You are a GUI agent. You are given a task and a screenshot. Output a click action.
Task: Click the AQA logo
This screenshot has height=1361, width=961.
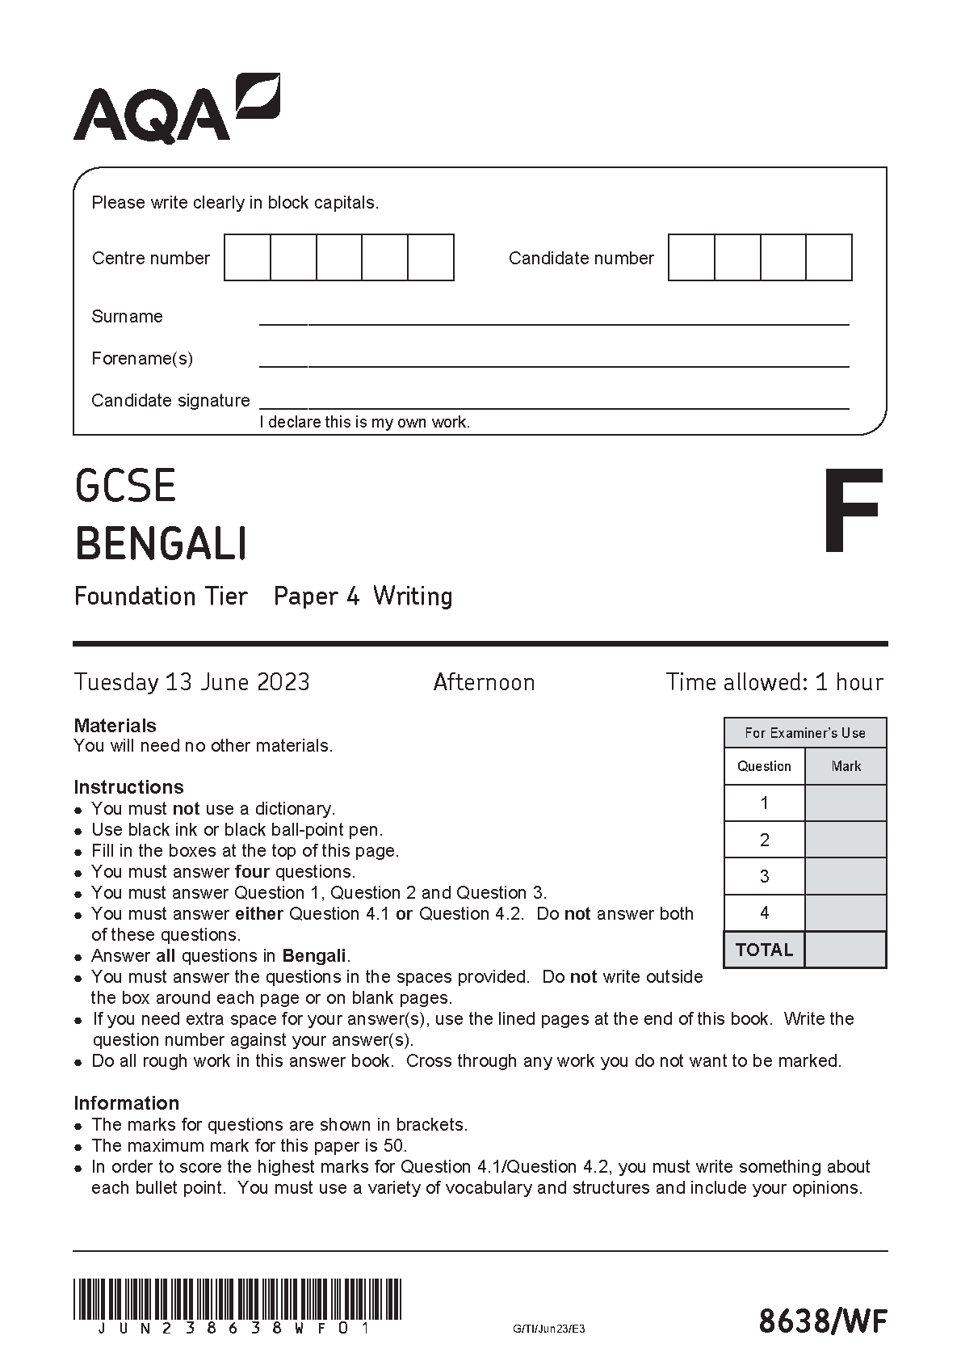[177, 109]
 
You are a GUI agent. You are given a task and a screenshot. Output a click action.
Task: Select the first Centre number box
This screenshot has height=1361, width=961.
[247, 258]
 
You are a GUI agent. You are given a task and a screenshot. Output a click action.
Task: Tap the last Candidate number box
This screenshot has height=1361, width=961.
[829, 258]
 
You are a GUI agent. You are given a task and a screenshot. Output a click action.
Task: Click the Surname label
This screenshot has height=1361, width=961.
[127, 317]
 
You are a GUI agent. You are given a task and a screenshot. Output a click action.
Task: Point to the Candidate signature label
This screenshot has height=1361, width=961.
[170, 401]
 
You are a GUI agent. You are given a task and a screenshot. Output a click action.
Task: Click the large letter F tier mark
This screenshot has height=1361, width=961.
[852, 511]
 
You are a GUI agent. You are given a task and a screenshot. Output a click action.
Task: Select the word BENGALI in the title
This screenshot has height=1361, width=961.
[161, 543]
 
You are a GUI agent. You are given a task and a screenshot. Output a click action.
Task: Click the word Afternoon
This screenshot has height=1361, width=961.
[484, 682]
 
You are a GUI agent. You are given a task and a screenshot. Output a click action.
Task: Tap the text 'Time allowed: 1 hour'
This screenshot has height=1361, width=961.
[774, 682]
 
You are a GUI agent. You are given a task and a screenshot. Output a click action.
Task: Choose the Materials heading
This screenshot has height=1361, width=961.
[115, 726]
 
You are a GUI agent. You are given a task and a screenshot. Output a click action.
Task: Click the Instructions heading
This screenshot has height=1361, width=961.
[128, 787]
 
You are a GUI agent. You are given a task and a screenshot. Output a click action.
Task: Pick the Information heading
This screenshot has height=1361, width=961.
[126, 1103]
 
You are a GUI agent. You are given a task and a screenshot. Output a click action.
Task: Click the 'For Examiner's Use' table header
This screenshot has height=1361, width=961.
[805, 733]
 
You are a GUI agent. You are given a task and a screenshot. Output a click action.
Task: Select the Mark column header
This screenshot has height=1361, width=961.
[846, 766]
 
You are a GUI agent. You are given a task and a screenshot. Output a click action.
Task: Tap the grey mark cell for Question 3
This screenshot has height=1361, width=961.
[846, 876]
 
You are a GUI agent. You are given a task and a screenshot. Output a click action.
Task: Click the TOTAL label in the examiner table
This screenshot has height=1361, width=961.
[764, 950]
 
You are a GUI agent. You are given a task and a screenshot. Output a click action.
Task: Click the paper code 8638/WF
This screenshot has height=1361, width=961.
[822, 1321]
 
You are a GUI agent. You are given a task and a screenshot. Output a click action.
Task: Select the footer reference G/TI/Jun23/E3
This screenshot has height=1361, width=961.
[548, 1329]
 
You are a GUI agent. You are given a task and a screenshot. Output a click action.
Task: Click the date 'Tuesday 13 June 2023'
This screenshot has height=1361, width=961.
[192, 682]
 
